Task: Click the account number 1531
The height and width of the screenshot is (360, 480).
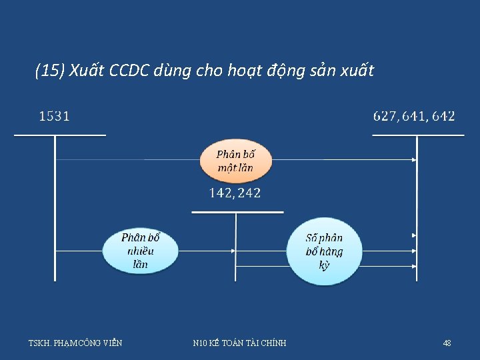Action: tap(54, 117)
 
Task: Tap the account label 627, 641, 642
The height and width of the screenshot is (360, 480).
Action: tap(414, 117)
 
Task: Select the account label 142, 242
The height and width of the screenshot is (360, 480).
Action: tap(235, 193)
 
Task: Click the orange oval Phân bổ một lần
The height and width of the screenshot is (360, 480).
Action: tap(235, 161)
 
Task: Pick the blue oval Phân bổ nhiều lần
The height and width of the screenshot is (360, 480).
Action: tap(141, 251)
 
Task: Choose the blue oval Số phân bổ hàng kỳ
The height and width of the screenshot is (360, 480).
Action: tap(324, 251)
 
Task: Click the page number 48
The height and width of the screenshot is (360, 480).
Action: tap(447, 343)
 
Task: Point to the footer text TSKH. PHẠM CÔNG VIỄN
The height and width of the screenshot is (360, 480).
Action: tap(75, 343)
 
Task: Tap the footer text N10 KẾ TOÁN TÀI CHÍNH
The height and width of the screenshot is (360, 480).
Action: tap(239, 343)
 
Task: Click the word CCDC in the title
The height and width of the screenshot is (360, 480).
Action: tap(127, 71)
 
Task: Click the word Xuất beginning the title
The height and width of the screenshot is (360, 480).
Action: tap(85, 71)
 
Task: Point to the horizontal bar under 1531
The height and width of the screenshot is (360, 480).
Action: tap(60, 135)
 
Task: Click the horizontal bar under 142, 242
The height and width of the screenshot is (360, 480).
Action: tap(237, 213)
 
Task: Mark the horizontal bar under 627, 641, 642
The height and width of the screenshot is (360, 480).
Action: tap(417, 135)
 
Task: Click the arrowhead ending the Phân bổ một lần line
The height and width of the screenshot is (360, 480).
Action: tap(414, 160)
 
